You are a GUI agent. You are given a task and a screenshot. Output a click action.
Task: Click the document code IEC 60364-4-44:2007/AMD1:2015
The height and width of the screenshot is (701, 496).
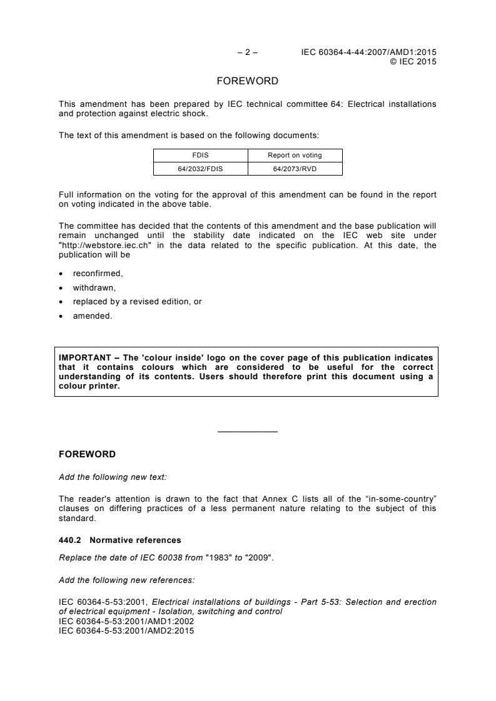point(368,52)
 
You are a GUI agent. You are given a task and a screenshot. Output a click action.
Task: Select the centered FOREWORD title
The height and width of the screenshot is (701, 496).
point(247,81)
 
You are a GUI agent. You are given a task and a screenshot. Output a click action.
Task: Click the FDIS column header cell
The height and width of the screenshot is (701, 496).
point(200,156)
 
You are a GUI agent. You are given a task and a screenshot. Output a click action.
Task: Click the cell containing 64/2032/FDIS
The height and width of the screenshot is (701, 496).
point(200,168)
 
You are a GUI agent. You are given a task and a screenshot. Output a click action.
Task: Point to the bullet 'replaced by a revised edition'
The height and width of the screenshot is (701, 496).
point(136,302)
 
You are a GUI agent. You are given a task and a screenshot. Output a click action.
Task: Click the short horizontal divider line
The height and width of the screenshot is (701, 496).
point(247,432)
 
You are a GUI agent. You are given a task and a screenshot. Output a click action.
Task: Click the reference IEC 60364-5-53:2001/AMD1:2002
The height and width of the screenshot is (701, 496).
point(126,622)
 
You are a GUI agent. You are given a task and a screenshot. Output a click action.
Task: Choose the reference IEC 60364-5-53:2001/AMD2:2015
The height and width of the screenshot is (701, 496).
point(126,630)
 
